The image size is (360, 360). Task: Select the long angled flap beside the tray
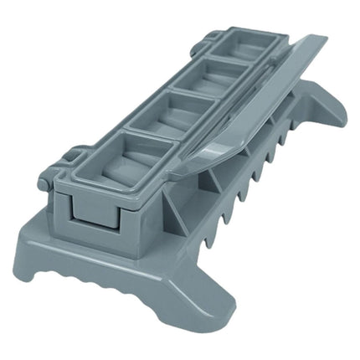tap(251, 100)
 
